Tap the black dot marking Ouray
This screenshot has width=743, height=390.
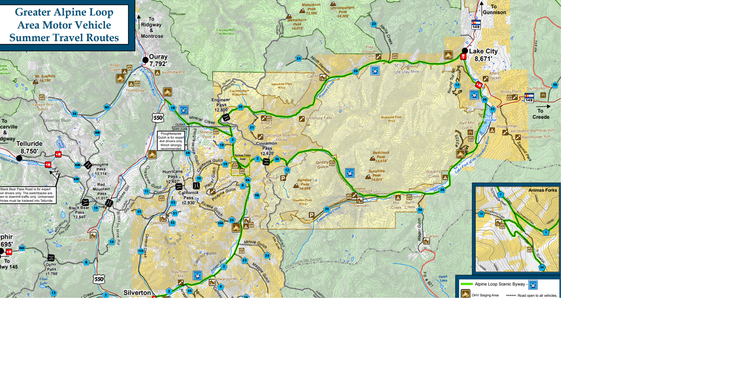tap(145, 60)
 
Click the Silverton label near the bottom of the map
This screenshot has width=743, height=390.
tap(137, 293)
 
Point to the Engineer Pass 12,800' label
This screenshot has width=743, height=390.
tap(221, 104)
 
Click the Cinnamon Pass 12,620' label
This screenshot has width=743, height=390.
tap(266, 148)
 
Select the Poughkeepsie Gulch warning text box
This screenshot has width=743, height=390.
tap(171, 141)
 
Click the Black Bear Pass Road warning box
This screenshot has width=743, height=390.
tap(27, 195)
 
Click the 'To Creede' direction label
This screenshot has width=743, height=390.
tap(541, 114)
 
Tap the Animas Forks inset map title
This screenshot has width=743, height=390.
tap(542, 190)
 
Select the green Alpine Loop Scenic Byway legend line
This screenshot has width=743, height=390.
tap(466, 284)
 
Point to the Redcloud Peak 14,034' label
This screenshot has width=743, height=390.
tap(381, 156)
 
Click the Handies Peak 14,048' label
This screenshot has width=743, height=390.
tap(304, 184)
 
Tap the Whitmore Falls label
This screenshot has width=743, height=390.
tap(319, 118)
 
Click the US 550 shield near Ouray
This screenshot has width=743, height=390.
tap(157, 118)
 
